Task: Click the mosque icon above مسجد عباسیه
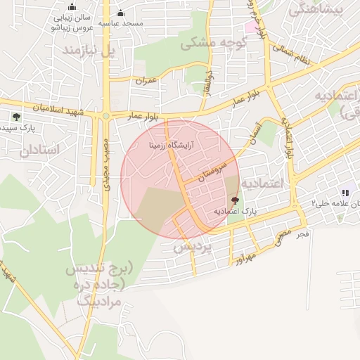pos(120,13)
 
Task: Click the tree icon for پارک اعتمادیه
pos(235,200)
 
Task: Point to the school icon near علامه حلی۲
pos(345,193)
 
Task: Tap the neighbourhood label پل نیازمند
pos(87,52)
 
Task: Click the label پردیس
pos(193,247)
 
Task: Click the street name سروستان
pos(214,169)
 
